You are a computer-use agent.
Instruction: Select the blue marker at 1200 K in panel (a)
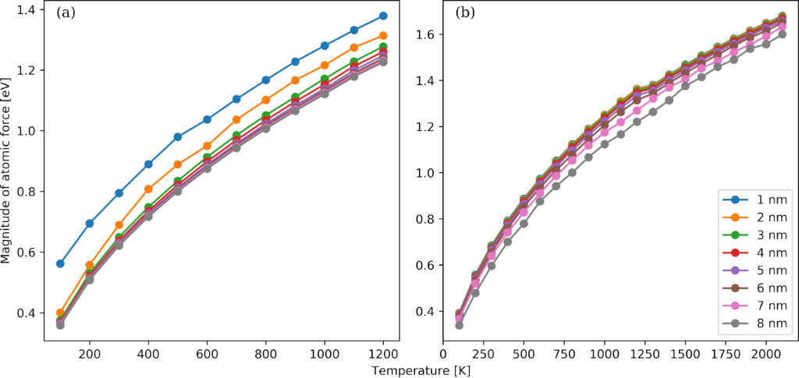pos(383,16)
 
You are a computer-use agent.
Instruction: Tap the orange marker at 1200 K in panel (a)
pos(383,36)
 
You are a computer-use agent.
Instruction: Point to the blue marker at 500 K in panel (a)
pos(178,136)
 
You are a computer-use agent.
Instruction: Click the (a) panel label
pos(66,13)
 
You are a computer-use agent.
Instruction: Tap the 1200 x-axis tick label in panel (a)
pos(383,352)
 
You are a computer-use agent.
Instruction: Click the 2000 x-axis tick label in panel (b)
pos(765,352)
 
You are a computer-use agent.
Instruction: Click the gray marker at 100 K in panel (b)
pos(459,325)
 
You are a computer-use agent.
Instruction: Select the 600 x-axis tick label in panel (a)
pos(207,352)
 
